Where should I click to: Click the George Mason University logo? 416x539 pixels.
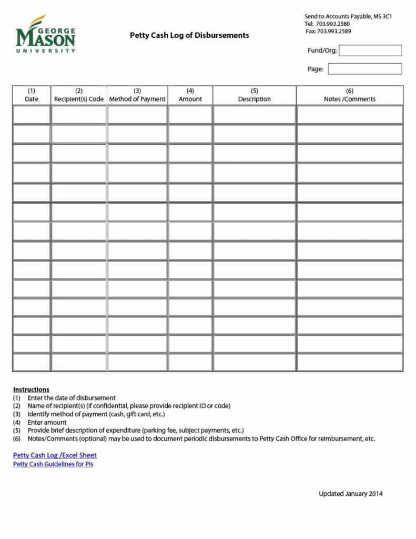[x=46, y=34]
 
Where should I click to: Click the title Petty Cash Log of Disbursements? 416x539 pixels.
[x=189, y=35]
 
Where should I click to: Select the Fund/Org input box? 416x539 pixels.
[x=370, y=51]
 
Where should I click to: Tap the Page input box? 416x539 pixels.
[x=364, y=69]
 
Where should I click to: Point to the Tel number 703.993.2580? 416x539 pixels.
[x=333, y=24]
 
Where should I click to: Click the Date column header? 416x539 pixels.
[x=32, y=95]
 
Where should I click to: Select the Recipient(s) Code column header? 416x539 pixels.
[x=79, y=95]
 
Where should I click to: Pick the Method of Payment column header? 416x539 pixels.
[x=137, y=95]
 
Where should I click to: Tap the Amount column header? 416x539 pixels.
[x=190, y=95]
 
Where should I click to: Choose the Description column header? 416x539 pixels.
[x=255, y=95]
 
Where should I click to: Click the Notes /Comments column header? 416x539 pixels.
[x=350, y=95]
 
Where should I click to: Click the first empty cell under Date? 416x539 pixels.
[x=32, y=115]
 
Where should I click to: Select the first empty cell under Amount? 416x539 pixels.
[x=190, y=115]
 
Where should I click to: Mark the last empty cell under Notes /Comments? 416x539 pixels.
[x=350, y=362]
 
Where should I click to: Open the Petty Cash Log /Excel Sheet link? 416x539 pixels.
[x=55, y=455]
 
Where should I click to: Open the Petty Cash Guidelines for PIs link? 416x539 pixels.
[x=53, y=464]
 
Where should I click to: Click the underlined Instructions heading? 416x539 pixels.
[x=31, y=390]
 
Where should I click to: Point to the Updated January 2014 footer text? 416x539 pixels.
[x=350, y=494]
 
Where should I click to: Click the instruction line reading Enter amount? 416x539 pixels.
[x=47, y=422]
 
